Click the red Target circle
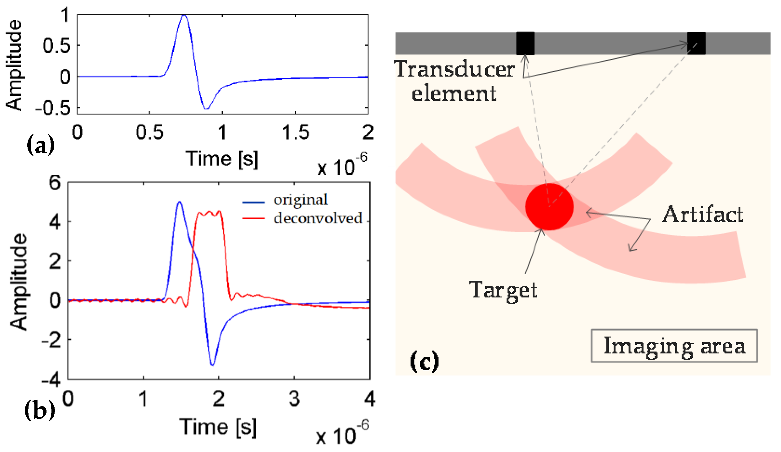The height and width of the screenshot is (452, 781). (549, 207)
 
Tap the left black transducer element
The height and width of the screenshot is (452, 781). (525, 43)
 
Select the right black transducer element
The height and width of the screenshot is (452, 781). (696, 43)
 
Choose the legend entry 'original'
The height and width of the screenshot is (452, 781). (300, 200)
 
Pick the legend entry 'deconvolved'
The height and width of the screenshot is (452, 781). (318, 218)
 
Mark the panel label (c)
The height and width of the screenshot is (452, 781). (424, 361)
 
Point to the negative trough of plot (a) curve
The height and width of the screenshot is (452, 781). (206, 108)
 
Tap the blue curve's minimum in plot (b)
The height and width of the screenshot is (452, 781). (212, 365)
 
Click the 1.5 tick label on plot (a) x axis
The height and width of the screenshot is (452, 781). (295, 133)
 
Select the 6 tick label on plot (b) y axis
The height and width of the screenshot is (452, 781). (55, 182)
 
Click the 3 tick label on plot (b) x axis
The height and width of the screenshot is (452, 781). (294, 399)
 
